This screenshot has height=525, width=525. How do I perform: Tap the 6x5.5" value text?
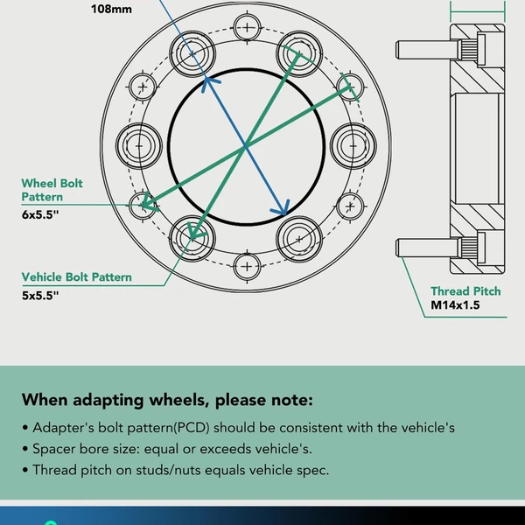(40, 214)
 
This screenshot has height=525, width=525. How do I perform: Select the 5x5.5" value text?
(40, 296)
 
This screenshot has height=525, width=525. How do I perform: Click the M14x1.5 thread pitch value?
(455, 306)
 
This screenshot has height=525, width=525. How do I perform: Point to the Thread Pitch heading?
(465, 291)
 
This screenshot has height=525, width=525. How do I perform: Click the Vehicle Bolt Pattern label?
(77, 277)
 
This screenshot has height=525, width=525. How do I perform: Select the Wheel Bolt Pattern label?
(52, 190)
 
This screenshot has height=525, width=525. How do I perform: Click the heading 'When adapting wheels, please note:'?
(166, 401)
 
